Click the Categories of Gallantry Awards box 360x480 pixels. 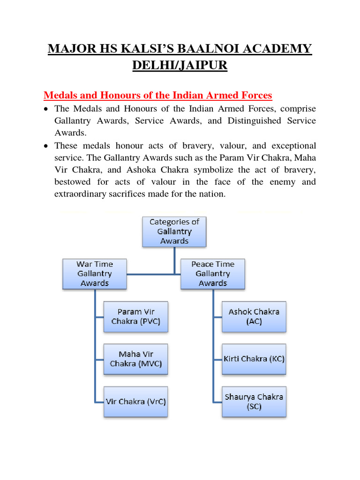[174, 231]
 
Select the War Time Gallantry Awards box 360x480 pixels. [95, 274]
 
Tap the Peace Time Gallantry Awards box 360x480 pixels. [212, 274]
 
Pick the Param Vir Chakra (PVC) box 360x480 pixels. [136, 316]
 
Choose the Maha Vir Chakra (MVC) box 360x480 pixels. [136, 359]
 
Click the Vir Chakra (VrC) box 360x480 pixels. [136, 402]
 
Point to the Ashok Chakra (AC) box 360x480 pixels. [254, 316]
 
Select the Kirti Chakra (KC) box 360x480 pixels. [254, 359]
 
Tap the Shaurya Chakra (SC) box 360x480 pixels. [254, 402]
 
